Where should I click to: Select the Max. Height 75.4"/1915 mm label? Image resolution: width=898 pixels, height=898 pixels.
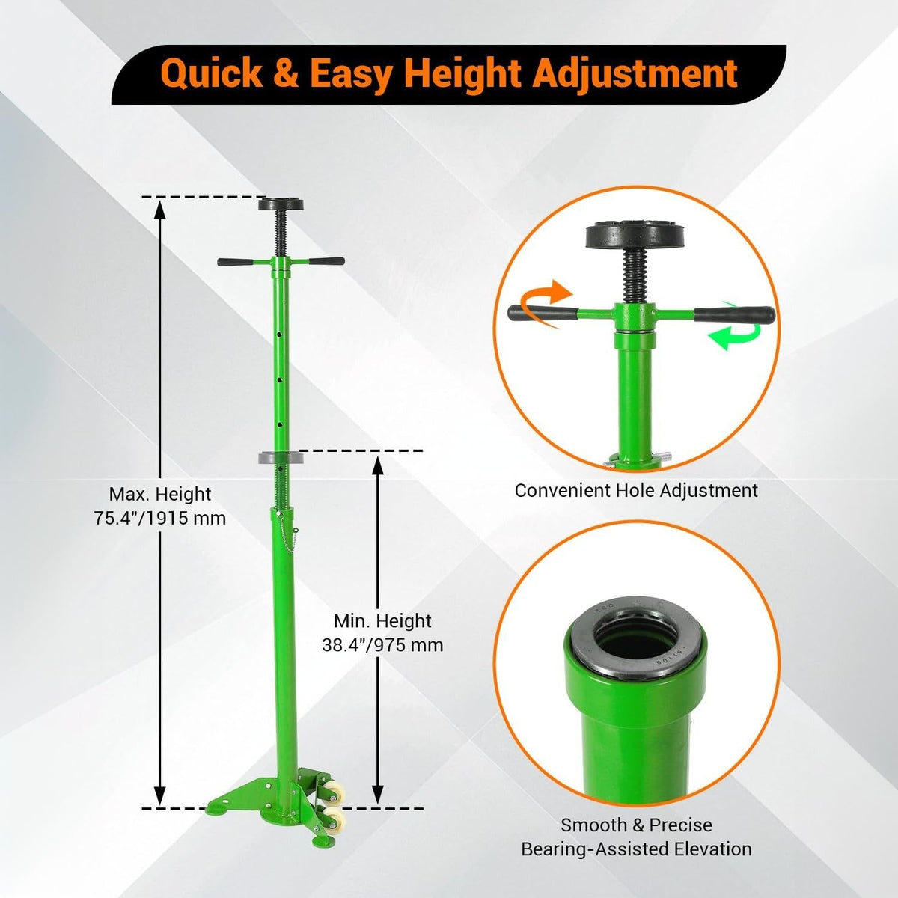tap(160, 506)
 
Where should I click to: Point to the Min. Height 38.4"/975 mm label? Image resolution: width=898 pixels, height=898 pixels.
tap(382, 633)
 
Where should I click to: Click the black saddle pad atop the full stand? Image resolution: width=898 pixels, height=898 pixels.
tap(281, 204)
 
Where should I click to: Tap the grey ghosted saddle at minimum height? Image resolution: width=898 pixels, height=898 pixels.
tap(281, 458)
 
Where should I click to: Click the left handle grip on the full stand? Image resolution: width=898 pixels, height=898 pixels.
tap(235, 262)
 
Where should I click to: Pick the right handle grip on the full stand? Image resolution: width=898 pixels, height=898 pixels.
tap(326, 261)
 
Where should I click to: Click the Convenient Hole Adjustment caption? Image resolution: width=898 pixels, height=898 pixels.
tap(636, 491)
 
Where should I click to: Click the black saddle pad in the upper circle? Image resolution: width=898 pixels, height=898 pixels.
tap(635, 235)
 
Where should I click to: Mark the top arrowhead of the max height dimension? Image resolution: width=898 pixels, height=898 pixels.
tap(160, 210)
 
